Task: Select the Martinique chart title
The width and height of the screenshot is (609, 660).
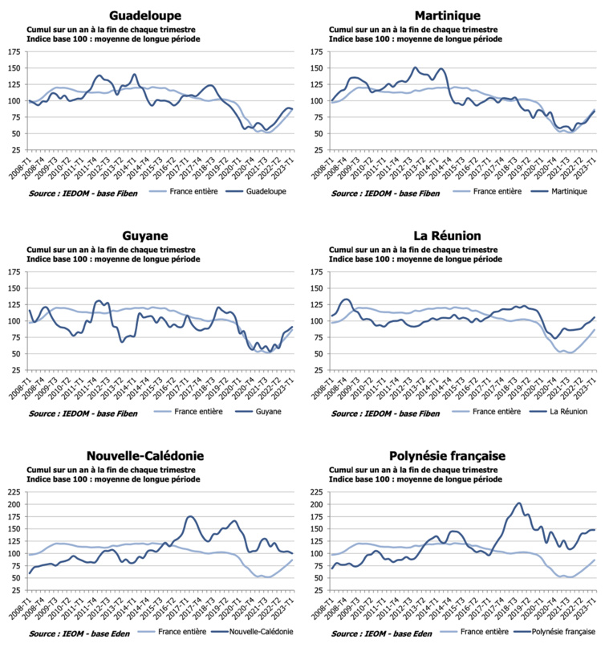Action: [448, 15]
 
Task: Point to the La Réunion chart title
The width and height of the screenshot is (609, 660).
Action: [448, 235]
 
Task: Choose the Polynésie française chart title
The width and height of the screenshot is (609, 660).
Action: [448, 455]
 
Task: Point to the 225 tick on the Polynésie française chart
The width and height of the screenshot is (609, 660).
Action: [315, 492]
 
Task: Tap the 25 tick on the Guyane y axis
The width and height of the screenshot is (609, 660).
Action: [15, 370]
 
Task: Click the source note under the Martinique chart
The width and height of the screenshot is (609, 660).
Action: [384, 193]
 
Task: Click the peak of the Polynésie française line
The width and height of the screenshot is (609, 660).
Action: [519, 503]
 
